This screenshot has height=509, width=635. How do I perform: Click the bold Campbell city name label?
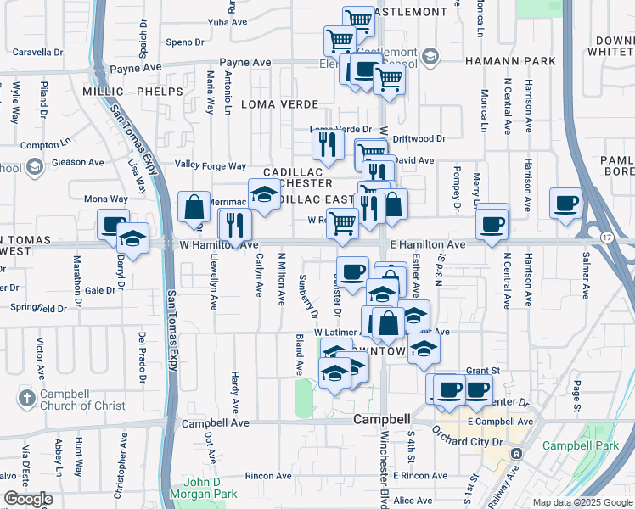[382, 419]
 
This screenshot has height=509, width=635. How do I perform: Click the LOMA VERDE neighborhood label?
[280, 104]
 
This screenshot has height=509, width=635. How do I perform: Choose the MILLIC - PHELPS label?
[132, 91]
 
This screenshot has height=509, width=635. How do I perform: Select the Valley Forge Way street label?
[211, 165]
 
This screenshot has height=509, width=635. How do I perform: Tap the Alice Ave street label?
[413, 501]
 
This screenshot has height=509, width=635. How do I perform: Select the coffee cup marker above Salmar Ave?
[566, 204]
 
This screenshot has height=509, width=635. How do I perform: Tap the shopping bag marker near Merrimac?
[194, 208]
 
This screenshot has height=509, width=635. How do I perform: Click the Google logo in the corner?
[28, 499]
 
